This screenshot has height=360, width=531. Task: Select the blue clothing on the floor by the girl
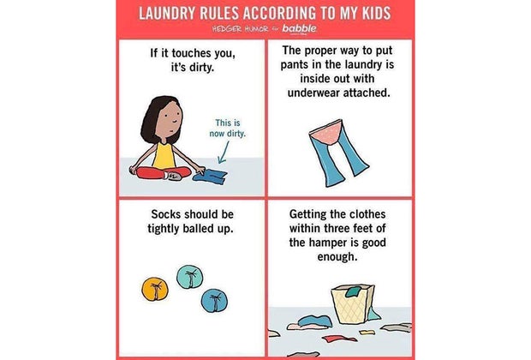click(x=210, y=178)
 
